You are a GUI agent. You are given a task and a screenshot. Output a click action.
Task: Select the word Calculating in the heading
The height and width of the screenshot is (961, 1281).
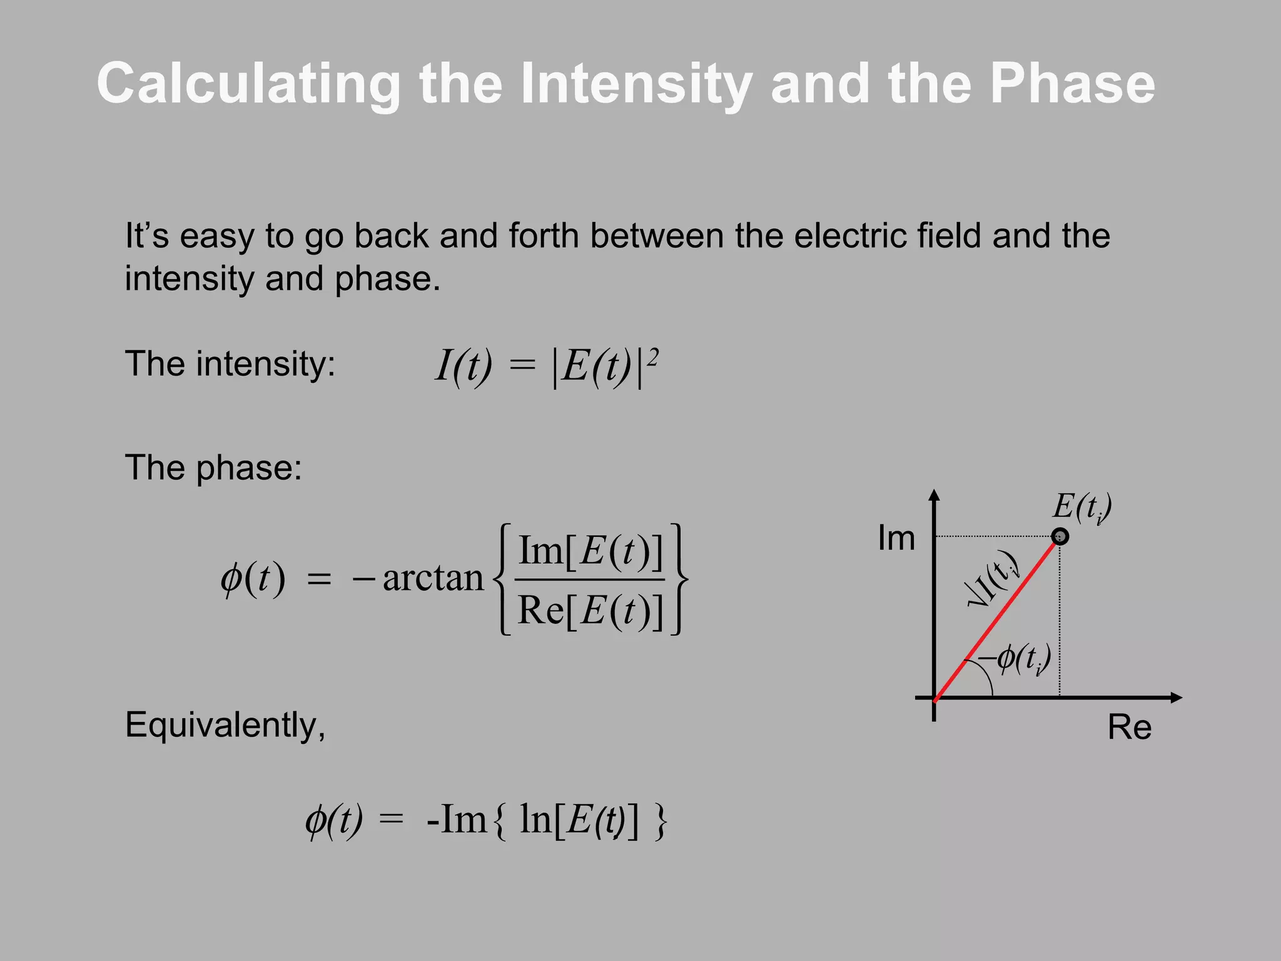pyautogui.click(x=249, y=84)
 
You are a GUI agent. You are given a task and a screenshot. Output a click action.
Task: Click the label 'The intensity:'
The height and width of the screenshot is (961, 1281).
pyautogui.click(x=230, y=364)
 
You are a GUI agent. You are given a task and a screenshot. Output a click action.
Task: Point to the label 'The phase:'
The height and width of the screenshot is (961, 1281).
pyautogui.click(x=213, y=467)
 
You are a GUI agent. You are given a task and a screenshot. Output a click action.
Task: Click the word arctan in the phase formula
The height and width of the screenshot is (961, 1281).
pyautogui.click(x=433, y=578)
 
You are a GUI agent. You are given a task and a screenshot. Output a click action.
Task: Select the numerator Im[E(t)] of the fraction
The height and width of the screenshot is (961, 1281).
pyautogui.click(x=590, y=551)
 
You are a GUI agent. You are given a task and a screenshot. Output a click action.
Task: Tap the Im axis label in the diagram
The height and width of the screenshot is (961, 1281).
pyautogui.click(x=896, y=538)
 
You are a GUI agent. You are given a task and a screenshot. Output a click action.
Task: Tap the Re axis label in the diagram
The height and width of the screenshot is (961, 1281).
pyautogui.click(x=1129, y=728)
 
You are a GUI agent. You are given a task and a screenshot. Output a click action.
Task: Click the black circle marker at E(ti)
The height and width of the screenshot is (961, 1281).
pyautogui.click(x=1060, y=536)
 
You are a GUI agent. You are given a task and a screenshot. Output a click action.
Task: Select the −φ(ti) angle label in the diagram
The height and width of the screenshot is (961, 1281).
pyautogui.click(x=1015, y=658)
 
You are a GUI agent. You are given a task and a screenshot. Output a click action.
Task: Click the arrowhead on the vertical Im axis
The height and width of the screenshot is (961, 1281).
pyautogui.click(x=934, y=495)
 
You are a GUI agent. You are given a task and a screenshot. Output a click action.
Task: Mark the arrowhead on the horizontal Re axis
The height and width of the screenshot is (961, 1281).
pyautogui.click(x=1176, y=697)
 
